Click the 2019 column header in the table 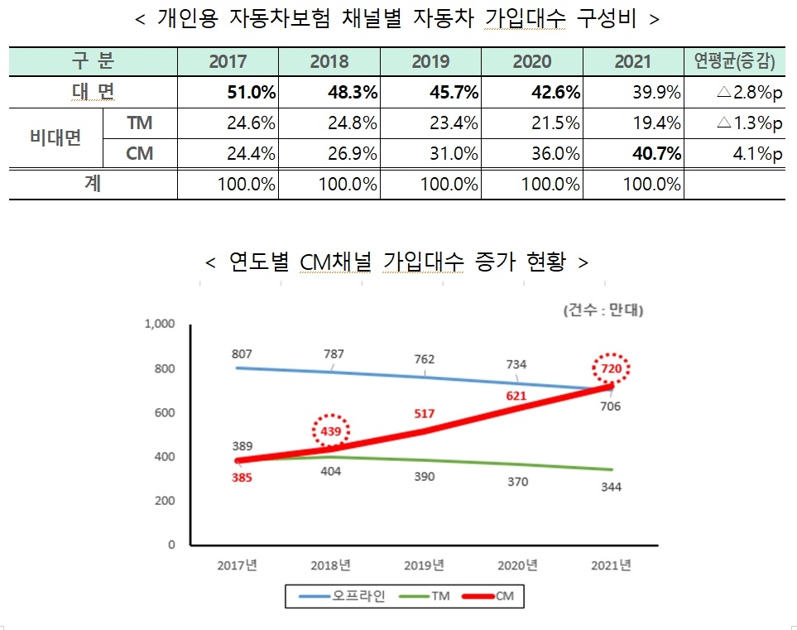430,62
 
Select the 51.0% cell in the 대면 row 251,92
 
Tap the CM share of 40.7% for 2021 656,153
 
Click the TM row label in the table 140,123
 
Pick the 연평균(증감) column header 735,62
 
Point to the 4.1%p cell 756,153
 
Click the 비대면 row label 56,138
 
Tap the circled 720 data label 612,368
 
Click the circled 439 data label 331,431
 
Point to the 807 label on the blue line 242,353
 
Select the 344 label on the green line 611,487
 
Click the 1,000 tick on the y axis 160,324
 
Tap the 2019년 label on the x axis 425,565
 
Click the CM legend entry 504,595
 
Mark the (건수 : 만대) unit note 604,311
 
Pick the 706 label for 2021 611,406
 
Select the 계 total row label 93,184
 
